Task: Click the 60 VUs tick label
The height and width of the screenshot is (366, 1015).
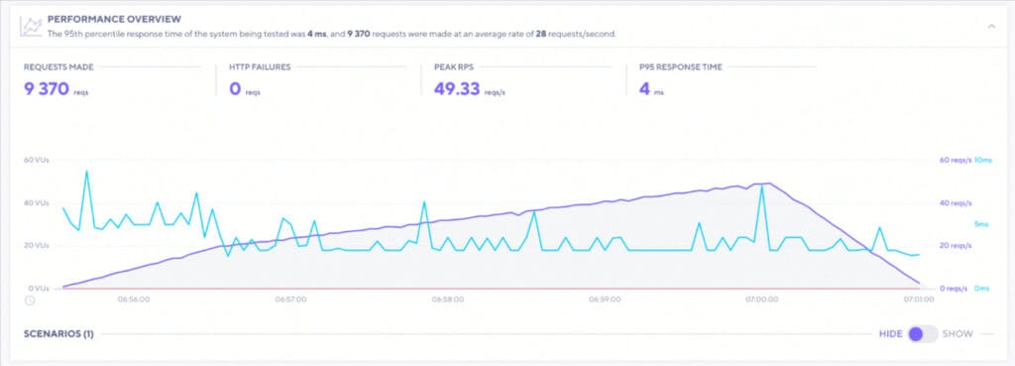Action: pyautogui.click(x=36, y=160)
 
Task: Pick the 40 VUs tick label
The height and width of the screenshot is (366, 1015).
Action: pyautogui.click(x=36, y=202)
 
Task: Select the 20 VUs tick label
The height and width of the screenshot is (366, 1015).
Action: pyautogui.click(x=36, y=245)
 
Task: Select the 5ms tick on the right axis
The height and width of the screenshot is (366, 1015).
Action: pyautogui.click(x=983, y=223)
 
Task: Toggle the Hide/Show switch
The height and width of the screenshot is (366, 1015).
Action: pyautogui.click(x=922, y=333)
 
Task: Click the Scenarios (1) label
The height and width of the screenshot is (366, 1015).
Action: pyautogui.click(x=58, y=333)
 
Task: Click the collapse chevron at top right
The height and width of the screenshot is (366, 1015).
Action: pyautogui.click(x=990, y=26)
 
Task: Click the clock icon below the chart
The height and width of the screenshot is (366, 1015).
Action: pyautogui.click(x=31, y=300)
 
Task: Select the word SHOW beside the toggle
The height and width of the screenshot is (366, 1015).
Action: pyautogui.click(x=958, y=333)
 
